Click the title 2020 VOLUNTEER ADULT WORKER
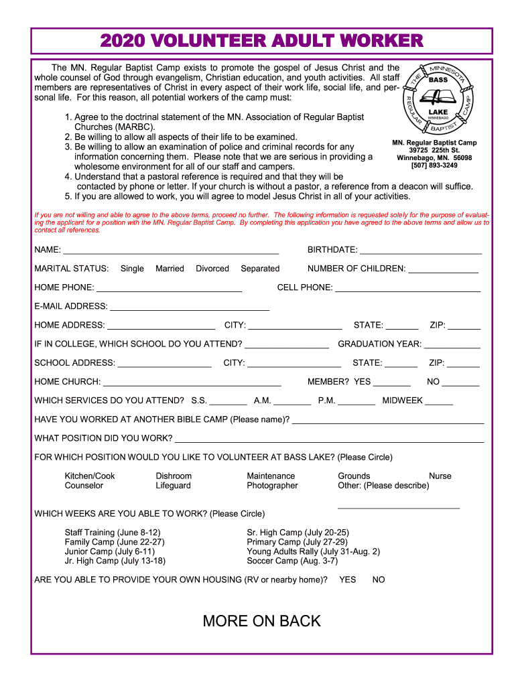click(261, 42)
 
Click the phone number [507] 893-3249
click(434, 165)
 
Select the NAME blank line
click(170, 253)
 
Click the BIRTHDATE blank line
click(420, 253)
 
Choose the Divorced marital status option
click(212, 269)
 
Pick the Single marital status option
click(132, 269)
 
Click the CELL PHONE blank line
click(407, 291)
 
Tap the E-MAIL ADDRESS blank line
click(189, 310)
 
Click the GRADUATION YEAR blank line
click(452, 347)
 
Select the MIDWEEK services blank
click(439, 403)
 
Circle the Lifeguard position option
click(174, 486)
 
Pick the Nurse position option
click(440, 476)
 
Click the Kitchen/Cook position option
click(90, 476)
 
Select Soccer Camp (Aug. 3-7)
click(292, 561)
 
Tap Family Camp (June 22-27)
click(115, 542)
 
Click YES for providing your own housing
click(348, 579)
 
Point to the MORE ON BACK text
click(261, 621)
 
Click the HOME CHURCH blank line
click(192, 385)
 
